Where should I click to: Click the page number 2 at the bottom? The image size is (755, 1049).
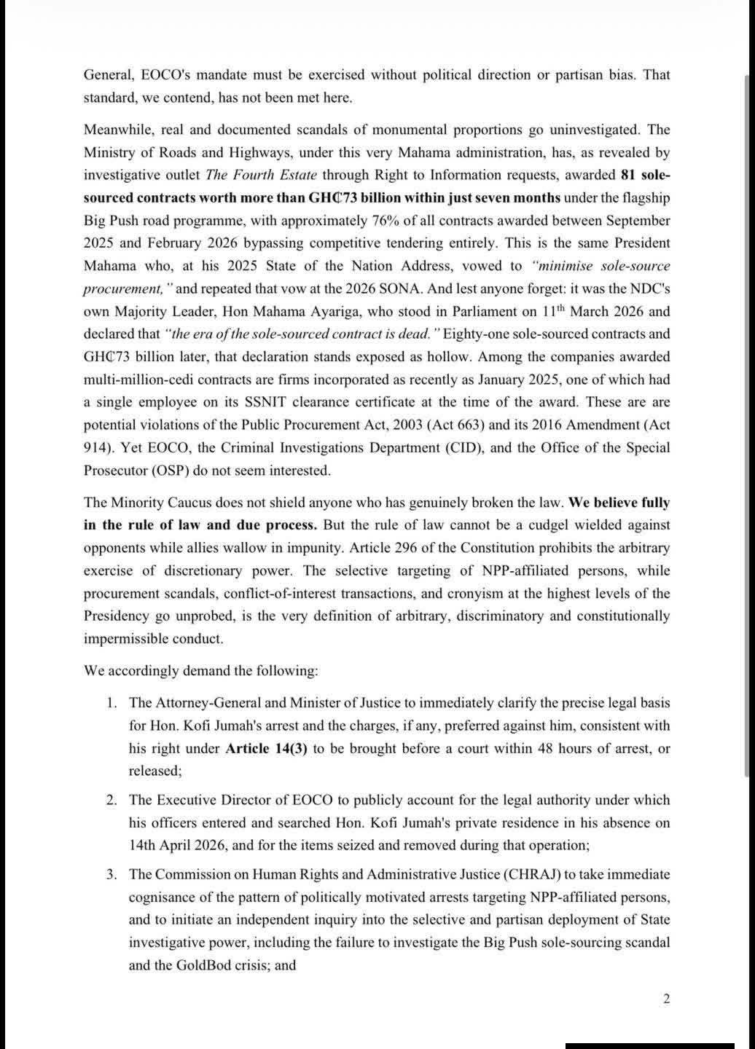point(666,999)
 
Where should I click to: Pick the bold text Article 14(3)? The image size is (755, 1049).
point(266,748)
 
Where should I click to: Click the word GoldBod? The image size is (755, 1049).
point(201,965)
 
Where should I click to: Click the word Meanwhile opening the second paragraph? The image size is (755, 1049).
point(120,130)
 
